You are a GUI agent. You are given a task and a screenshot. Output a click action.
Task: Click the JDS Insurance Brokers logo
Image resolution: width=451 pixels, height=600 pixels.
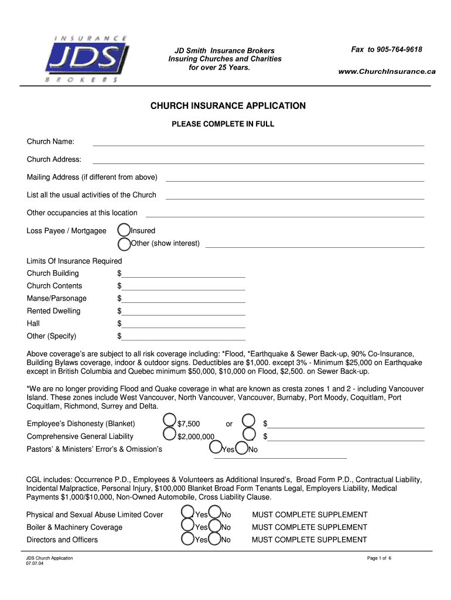pyautogui.click(x=86, y=59)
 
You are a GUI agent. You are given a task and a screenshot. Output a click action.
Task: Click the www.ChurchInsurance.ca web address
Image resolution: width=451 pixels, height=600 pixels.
pyautogui.click(x=387, y=71)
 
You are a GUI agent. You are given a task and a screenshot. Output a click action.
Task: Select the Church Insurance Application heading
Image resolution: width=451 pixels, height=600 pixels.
pyautogui.click(x=228, y=106)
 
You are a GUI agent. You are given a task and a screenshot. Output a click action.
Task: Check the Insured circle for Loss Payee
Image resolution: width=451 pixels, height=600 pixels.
pyautogui.click(x=124, y=230)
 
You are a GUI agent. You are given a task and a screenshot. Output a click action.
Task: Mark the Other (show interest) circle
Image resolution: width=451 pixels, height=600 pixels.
pyautogui.click(x=124, y=243)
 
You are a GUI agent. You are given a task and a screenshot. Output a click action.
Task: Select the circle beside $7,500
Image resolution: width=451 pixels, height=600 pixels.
pyautogui.click(x=169, y=420)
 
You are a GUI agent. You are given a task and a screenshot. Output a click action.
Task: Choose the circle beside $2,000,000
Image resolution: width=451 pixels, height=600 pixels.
pyautogui.click(x=169, y=434)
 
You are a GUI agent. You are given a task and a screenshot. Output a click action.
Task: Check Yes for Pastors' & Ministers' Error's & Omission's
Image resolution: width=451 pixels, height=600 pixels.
pyautogui.click(x=216, y=448)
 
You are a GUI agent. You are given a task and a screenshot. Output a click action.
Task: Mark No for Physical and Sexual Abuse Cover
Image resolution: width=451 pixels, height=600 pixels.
pyautogui.click(x=215, y=513)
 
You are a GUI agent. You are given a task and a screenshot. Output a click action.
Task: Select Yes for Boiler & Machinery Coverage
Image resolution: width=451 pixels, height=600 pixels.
pyautogui.click(x=187, y=526)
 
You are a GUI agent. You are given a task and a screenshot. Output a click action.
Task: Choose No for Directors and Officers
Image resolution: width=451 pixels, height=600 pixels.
pyautogui.click(x=215, y=538)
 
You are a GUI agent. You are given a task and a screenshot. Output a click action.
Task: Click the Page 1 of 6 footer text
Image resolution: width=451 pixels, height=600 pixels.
pyautogui.click(x=379, y=558)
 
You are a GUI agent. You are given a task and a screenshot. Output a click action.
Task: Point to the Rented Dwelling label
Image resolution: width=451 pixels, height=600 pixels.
pyautogui.click(x=53, y=311)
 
